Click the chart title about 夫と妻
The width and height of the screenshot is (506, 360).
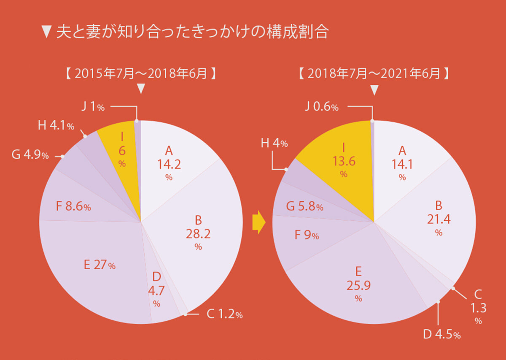pos(186,32)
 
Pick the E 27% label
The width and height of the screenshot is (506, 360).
pos(100,265)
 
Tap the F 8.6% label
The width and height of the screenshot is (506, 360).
pos(73,207)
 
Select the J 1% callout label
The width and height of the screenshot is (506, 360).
pos(92,107)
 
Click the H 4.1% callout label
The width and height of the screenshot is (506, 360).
pos(56,126)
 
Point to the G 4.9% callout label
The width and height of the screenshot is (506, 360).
pos(30,155)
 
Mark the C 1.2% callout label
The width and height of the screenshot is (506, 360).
pos(224,314)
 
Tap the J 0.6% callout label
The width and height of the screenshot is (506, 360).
pos(321,107)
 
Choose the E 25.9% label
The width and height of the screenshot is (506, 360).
pos(358,284)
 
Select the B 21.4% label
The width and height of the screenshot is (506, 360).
pos(439,218)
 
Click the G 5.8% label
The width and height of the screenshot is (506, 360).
pos(304,207)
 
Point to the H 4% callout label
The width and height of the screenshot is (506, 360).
pos(275,143)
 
